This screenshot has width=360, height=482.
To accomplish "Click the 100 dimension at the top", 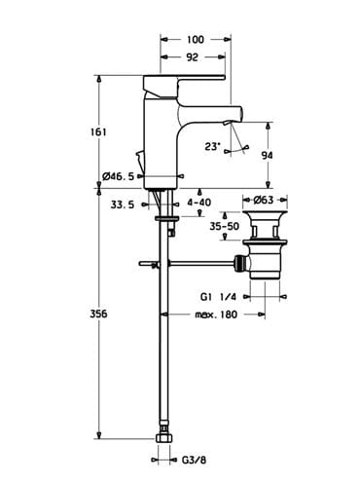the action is [196, 40].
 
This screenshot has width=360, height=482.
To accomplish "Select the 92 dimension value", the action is [192, 57].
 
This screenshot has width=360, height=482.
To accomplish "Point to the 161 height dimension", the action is [98, 132].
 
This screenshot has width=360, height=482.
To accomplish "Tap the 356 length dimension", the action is [98, 314].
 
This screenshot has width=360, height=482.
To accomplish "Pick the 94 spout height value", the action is [268, 156].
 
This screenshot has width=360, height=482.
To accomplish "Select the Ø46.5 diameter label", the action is [118, 176].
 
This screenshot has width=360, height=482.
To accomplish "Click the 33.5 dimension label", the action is [123, 204].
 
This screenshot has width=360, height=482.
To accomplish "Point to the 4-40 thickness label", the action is [199, 203].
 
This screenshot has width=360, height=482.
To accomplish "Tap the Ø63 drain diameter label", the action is [264, 200].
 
